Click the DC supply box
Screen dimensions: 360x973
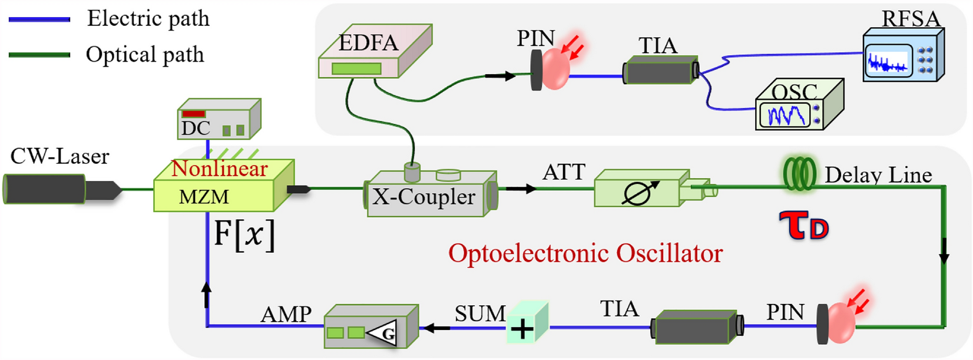click(219, 120)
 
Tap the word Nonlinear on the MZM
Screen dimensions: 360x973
click(219, 169)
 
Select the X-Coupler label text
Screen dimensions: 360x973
click(423, 197)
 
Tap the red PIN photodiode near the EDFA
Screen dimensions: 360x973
click(555, 70)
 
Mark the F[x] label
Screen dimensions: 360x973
click(243, 235)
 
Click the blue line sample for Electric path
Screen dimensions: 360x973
click(39, 19)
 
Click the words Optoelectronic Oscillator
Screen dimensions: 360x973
click(585, 254)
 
